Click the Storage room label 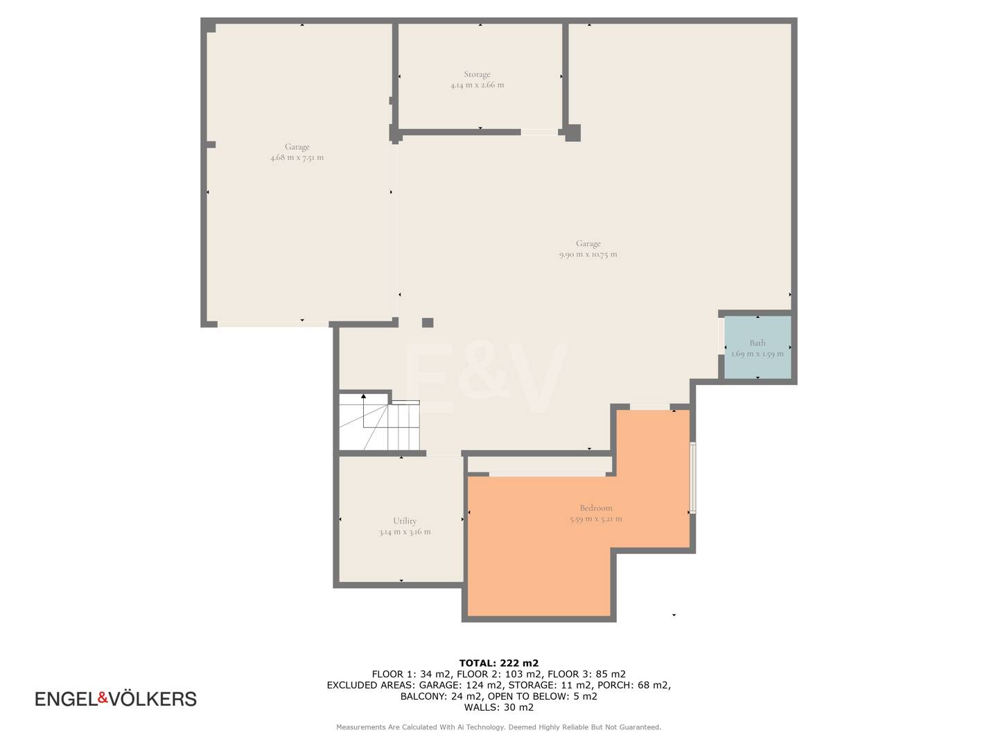coord(477,74)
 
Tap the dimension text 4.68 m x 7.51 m coord(297,158)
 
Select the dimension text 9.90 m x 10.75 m coord(588,254)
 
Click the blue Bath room coord(757,348)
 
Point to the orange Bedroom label coord(595,508)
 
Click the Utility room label coord(405,521)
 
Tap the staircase coord(379,422)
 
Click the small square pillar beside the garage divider coord(428,323)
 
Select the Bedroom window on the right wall coord(692,478)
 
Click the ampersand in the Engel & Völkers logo coord(103,697)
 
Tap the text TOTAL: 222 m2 coord(499,663)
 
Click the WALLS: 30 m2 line coord(499,707)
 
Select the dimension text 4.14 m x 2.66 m coord(477,85)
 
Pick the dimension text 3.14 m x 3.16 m coord(405,532)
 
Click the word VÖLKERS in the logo coord(152,698)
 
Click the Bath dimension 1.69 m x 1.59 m coord(758,354)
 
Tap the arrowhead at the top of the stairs coord(363,396)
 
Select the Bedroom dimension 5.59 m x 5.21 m coord(595,519)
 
